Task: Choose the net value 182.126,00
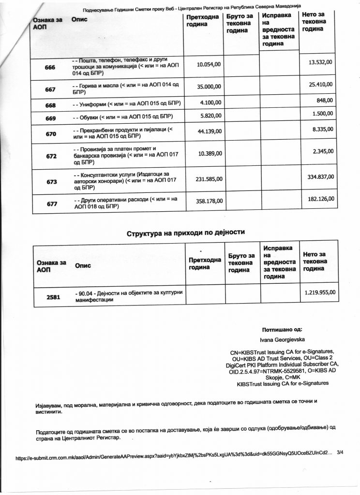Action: (320, 198)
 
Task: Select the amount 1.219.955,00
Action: (320, 292)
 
